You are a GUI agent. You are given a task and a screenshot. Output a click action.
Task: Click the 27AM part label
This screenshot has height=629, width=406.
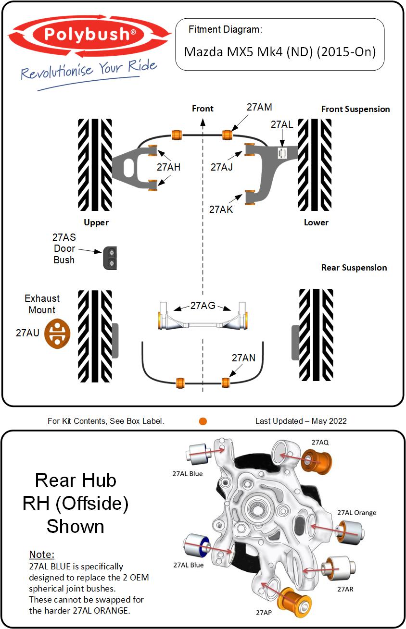pos(259,108)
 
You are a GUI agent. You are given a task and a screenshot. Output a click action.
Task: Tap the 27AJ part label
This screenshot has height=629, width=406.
pos(221,167)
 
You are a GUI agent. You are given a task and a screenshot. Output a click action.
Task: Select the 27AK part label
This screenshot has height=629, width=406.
pos(221,210)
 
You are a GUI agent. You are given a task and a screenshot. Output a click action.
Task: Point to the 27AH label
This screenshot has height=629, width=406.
pos(168,167)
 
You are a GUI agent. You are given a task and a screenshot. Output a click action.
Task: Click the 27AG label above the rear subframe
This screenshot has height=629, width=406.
pos(203,305)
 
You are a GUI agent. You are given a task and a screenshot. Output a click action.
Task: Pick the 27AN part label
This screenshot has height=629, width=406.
pos(243,358)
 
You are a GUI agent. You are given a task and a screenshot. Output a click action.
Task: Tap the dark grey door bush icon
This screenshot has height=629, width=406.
pos(110,258)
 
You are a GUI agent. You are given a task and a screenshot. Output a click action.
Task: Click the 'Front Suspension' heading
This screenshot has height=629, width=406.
pos(355,109)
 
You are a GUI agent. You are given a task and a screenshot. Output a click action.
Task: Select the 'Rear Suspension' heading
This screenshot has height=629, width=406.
pos(354,268)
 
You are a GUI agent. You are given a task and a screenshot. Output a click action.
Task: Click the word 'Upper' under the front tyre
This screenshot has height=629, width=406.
pos(96,222)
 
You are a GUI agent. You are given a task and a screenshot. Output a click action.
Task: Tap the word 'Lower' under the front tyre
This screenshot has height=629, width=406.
pos(316,222)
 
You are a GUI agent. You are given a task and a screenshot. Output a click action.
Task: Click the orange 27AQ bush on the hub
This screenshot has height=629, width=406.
pos(318,461)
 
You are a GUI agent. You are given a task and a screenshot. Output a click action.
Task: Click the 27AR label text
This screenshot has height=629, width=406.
pos(345,589)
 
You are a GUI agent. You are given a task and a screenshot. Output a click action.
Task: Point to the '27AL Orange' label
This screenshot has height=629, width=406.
pos(356,513)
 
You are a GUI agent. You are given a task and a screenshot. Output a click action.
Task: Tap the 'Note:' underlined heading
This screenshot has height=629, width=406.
pos(42,554)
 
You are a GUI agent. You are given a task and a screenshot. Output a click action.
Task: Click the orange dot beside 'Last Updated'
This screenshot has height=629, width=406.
pos(203,421)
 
